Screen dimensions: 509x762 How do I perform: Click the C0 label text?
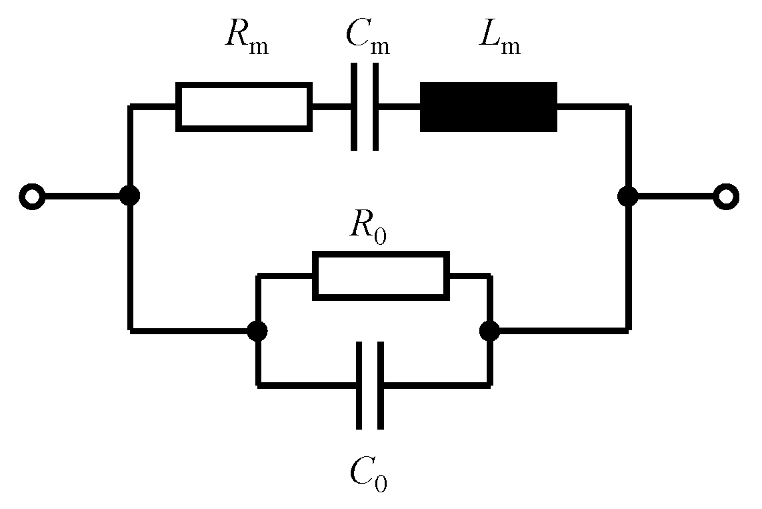(x=368, y=473)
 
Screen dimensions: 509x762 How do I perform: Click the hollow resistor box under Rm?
(x=243, y=106)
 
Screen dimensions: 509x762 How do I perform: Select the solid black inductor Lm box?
(x=488, y=107)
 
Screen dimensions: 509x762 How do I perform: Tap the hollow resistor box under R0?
(x=381, y=275)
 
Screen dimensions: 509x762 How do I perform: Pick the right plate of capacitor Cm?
(x=375, y=107)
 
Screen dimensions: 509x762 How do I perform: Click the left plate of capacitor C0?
(x=359, y=385)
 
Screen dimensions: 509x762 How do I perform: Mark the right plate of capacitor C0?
(x=380, y=385)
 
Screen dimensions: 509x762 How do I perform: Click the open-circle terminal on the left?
(x=31, y=197)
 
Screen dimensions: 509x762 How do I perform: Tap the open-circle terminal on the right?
(x=725, y=197)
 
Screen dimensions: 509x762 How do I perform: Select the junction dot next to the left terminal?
(x=129, y=196)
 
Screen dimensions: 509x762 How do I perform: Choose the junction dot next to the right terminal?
(x=627, y=196)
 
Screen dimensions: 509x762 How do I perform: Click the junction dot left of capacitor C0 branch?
(x=257, y=330)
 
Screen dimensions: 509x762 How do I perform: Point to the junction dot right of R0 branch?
(x=489, y=330)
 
